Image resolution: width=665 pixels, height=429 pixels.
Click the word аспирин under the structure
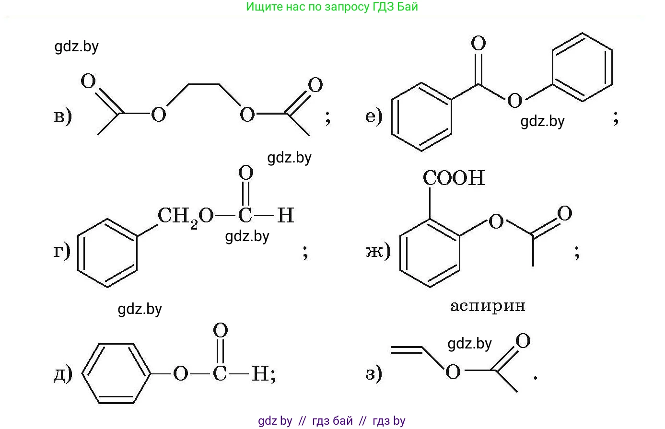point(488,306)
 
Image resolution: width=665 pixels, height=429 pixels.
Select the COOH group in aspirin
point(454,178)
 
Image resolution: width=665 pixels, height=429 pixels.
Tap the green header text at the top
point(332,7)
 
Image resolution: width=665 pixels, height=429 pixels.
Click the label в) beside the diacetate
point(63,116)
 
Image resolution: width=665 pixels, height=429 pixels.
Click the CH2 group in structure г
point(178,217)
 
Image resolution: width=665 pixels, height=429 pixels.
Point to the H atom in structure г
point(286,215)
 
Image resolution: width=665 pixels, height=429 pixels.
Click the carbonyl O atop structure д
point(221,330)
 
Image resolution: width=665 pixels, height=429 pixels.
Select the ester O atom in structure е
point(514,100)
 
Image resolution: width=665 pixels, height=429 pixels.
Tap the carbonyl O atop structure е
point(478,43)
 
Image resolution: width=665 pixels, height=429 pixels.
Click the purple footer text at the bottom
point(332,421)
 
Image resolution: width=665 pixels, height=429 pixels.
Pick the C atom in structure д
point(220,373)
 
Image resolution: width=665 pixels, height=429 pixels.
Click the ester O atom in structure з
point(453,371)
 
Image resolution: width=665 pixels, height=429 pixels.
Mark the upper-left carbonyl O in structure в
point(88,81)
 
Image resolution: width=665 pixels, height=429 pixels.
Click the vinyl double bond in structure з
point(407,350)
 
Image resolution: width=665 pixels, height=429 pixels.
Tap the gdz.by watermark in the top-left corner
point(77,46)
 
